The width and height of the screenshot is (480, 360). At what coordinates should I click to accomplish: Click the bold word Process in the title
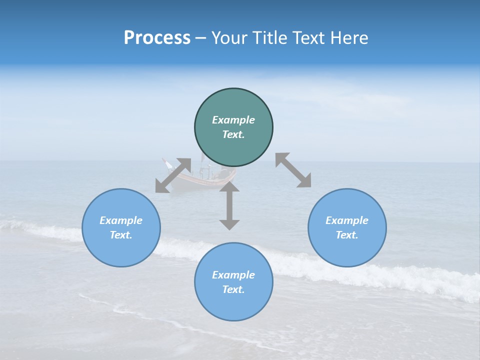157,38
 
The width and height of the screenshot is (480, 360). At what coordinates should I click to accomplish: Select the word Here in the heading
349,38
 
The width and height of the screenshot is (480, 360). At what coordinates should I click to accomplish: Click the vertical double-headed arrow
229,205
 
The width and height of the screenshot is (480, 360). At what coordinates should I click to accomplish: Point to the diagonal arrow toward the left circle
173,175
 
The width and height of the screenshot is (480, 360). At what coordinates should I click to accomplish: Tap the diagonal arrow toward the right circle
293,170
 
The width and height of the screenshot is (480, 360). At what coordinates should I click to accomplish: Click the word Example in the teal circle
233,120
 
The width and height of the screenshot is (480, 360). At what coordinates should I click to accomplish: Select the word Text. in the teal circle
233,134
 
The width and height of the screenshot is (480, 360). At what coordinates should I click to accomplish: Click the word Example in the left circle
121,220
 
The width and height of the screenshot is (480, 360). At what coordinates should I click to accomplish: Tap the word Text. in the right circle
347,235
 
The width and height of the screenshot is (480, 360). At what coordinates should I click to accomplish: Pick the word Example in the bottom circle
233,275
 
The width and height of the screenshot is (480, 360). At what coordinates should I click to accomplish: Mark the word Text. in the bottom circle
233,289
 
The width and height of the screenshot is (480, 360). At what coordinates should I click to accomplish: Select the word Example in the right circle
347,220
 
